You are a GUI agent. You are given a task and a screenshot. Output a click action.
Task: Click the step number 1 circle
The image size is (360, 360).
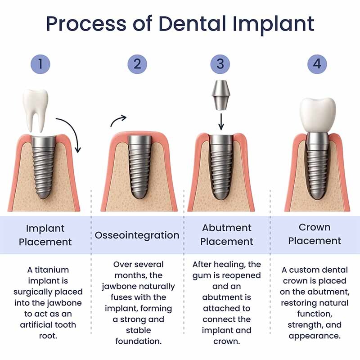pos(40,64)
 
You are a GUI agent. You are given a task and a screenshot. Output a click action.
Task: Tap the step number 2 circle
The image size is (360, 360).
pos(137,64)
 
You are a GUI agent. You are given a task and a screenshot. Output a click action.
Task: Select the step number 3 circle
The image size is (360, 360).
pos(220,64)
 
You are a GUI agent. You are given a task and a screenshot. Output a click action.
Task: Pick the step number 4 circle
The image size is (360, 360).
pos(317,64)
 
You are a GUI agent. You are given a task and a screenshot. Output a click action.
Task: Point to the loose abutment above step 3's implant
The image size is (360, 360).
pos(220,95)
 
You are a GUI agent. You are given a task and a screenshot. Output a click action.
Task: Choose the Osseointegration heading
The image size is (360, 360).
pos(137,235)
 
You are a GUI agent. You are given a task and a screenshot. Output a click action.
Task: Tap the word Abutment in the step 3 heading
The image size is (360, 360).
pos(226,228)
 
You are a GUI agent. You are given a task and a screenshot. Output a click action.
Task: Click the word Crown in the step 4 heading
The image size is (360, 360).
pos(315,227)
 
